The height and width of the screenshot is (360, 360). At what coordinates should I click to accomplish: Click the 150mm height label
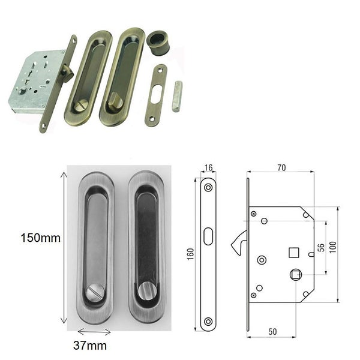coord(40,238)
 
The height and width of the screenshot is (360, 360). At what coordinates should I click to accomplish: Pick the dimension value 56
coord(321,247)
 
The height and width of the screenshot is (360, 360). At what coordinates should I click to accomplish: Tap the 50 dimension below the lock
coord(273,331)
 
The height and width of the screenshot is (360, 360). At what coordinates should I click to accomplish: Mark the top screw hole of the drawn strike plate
coord(208,188)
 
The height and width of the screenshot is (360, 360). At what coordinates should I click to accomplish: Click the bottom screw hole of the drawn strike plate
coord(208,321)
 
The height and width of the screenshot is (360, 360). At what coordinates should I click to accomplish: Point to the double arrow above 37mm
coord(94,331)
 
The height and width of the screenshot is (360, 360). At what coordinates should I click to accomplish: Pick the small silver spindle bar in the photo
coord(176,95)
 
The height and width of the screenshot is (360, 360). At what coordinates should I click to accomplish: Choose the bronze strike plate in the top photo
coord(157,95)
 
